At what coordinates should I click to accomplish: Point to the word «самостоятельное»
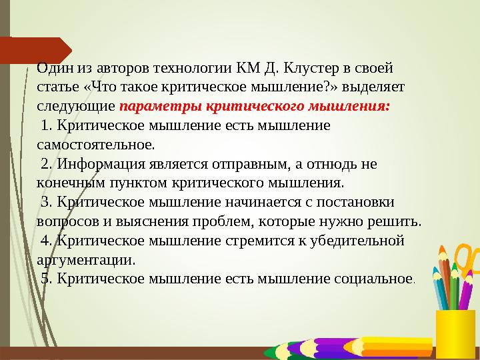(x=96, y=144)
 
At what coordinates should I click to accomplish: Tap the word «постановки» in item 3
(x=358, y=202)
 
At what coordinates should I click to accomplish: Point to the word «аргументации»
(x=87, y=259)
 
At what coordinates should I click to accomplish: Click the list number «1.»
(x=47, y=125)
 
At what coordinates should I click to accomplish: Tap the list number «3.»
(x=47, y=202)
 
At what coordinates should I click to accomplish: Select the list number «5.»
(x=47, y=278)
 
